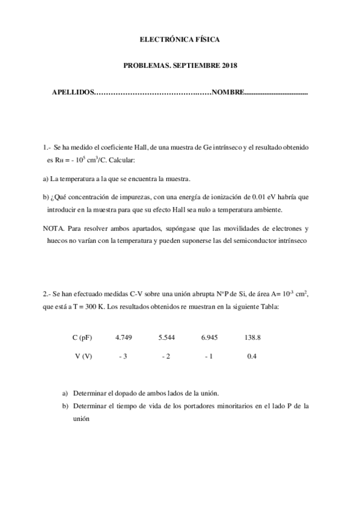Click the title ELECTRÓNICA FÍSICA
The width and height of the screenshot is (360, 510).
[x=180, y=39]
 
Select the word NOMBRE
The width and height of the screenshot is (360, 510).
[x=227, y=93]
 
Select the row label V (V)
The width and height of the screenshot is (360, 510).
[x=84, y=357]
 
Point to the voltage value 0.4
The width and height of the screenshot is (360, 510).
[x=252, y=357]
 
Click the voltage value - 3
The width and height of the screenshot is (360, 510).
[x=123, y=357]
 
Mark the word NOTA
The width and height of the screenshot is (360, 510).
[x=54, y=229]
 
